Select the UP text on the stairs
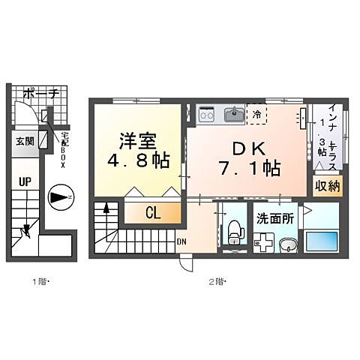tap(25, 182)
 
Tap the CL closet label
tap(154, 214)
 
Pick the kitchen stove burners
tap(208, 115)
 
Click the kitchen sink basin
tap(232, 115)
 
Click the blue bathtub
tap(323, 243)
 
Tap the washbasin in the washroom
tap(286, 244)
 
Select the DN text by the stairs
tap(182, 241)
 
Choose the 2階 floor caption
tap(216, 282)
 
